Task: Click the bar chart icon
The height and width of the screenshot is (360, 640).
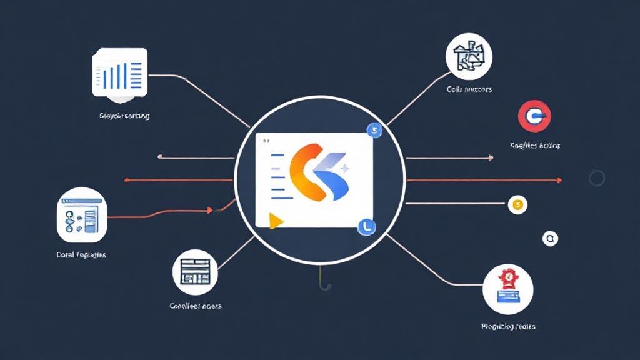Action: [x=119, y=72]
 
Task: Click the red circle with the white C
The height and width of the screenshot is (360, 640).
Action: [x=534, y=117]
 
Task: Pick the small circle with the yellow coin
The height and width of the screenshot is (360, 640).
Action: [x=518, y=204]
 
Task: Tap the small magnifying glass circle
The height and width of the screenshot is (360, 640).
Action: [x=550, y=238]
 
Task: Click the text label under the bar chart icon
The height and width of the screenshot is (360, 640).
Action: [x=124, y=116]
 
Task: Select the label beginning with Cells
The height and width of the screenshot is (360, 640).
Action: [x=469, y=89]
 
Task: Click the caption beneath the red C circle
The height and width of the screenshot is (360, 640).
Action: [x=535, y=146]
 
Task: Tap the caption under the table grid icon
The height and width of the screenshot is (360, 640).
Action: [x=196, y=306]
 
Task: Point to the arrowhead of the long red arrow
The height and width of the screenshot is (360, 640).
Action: [x=559, y=181]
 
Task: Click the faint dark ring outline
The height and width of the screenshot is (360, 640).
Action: [x=597, y=178]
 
